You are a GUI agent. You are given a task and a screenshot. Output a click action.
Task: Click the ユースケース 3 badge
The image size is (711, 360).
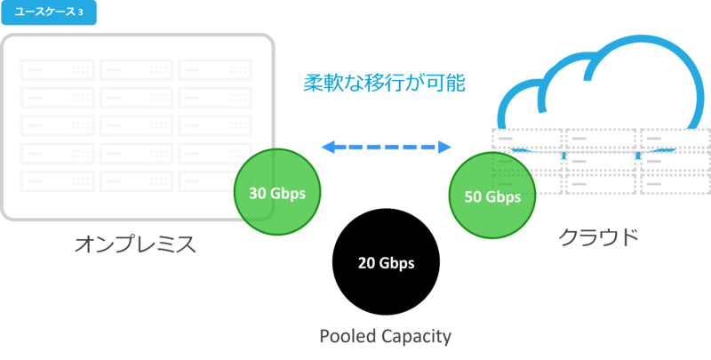point(50,12)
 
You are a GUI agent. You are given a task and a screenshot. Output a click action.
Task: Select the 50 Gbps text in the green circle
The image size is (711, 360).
point(492,196)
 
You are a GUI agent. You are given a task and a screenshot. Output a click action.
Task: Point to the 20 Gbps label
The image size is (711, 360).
point(386,263)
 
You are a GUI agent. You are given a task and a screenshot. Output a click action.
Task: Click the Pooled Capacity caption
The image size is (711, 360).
point(385,336)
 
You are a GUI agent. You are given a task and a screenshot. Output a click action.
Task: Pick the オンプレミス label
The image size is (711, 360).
point(134,242)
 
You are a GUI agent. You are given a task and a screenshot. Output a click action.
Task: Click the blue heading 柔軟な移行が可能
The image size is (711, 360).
point(384,83)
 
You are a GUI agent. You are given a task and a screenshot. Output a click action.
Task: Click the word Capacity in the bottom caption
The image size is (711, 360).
point(416,336)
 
